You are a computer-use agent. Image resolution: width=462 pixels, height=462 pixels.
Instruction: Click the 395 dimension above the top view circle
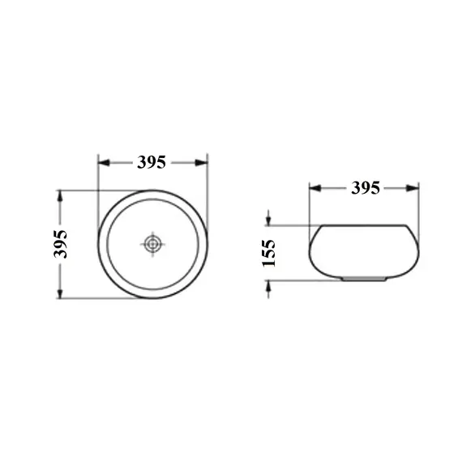[x=152, y=162]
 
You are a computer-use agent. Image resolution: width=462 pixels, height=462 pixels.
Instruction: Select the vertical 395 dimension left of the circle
[x=61, y=244]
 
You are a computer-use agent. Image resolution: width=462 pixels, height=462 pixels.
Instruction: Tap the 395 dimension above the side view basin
[x=366, y=188]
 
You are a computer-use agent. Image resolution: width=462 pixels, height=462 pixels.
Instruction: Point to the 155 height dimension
[x=269, y=253]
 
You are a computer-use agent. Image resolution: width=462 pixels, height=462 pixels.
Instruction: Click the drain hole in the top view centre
[x=152, y=244]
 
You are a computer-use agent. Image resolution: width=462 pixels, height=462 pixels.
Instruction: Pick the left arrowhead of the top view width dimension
[x=104, y=162]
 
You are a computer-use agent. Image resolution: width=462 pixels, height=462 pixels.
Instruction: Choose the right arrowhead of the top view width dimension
[x=202, y=162]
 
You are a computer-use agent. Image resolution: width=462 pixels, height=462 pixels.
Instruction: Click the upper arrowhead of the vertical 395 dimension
[x=60, y=196]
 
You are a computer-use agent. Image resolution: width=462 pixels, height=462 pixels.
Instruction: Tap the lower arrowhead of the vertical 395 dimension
[x=60, y=293]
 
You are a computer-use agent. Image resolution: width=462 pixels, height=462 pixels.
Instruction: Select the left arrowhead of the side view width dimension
[x=315, y=188]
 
